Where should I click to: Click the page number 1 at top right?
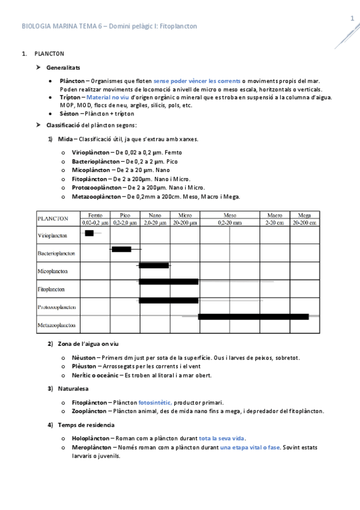352,19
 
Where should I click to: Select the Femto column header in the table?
95,215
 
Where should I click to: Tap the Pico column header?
125,215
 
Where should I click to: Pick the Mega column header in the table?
304,215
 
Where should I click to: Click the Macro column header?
275,215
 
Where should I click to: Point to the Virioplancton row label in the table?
52,235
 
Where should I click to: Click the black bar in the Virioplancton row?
90,233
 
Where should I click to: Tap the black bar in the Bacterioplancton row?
121,249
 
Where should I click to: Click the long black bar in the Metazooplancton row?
253,316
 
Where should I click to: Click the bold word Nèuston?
84,357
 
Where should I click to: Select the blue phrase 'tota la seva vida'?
222,438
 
